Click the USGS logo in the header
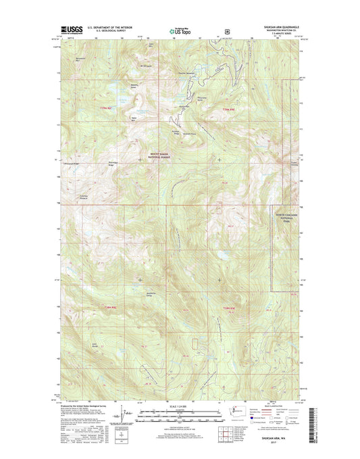[72, 30]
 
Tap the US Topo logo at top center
[180, 30]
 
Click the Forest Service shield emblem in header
[228, 30]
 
